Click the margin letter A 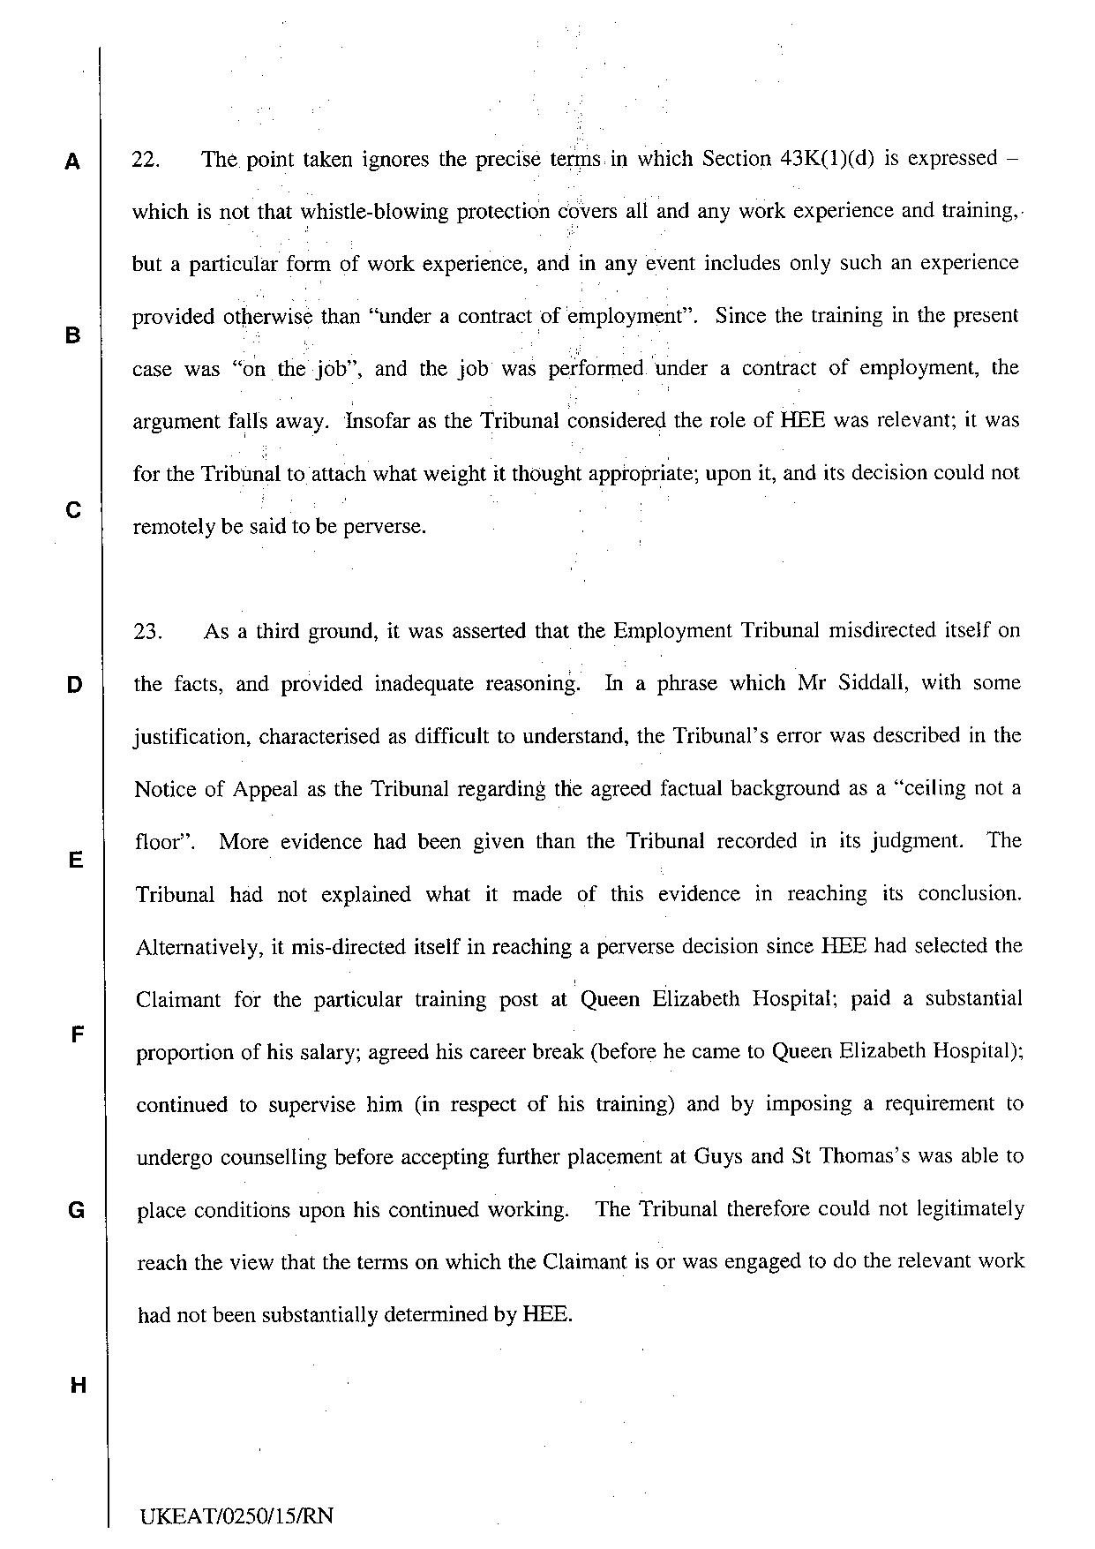point(73,162)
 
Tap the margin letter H point(78,1386)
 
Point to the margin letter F point(77,1034)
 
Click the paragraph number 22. point(146,160)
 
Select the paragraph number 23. point(147,632)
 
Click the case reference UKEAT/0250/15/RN point(236,1516)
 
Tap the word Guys point(720,1157)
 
